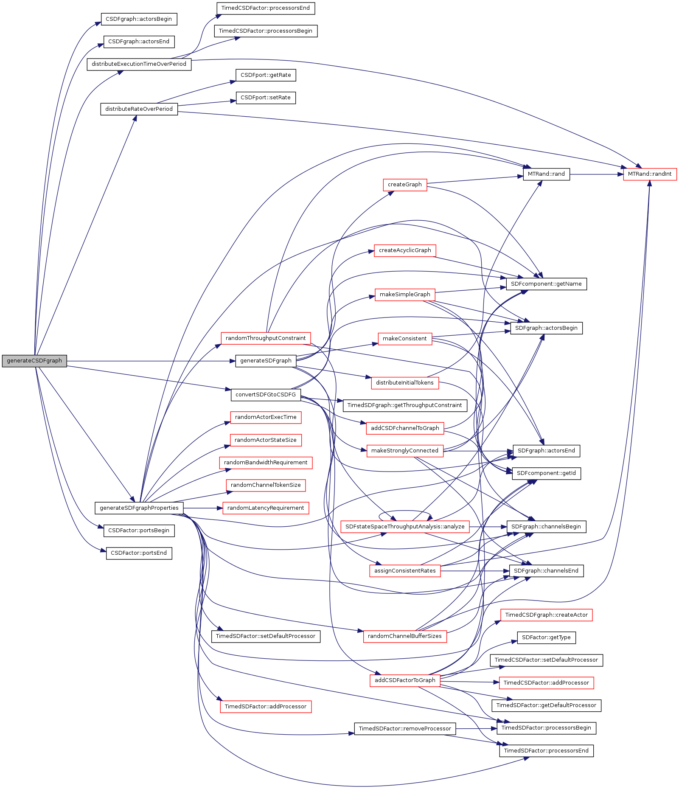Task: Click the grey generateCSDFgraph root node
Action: [34, 361]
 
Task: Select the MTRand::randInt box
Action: [650, 174]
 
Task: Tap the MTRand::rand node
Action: [546, 174]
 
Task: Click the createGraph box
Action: [405, 185]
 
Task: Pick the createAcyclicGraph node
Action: [405, 250]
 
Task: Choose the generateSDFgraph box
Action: [266, 361]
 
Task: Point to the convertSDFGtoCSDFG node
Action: [266, 395]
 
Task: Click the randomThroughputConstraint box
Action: [266, 338]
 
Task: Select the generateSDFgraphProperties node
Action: [139, 508]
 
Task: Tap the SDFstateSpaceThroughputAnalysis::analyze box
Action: [405, 527]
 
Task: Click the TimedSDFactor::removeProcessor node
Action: [405, 729]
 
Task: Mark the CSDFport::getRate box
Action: [266, 75]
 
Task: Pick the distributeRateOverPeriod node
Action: [139, 109]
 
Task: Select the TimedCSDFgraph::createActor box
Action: [546, 615]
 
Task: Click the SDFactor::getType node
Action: [546, 637]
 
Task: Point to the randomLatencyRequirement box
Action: [266, 508]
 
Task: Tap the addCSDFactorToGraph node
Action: [405, 680]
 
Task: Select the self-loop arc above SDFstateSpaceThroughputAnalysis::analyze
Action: [405, 511]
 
